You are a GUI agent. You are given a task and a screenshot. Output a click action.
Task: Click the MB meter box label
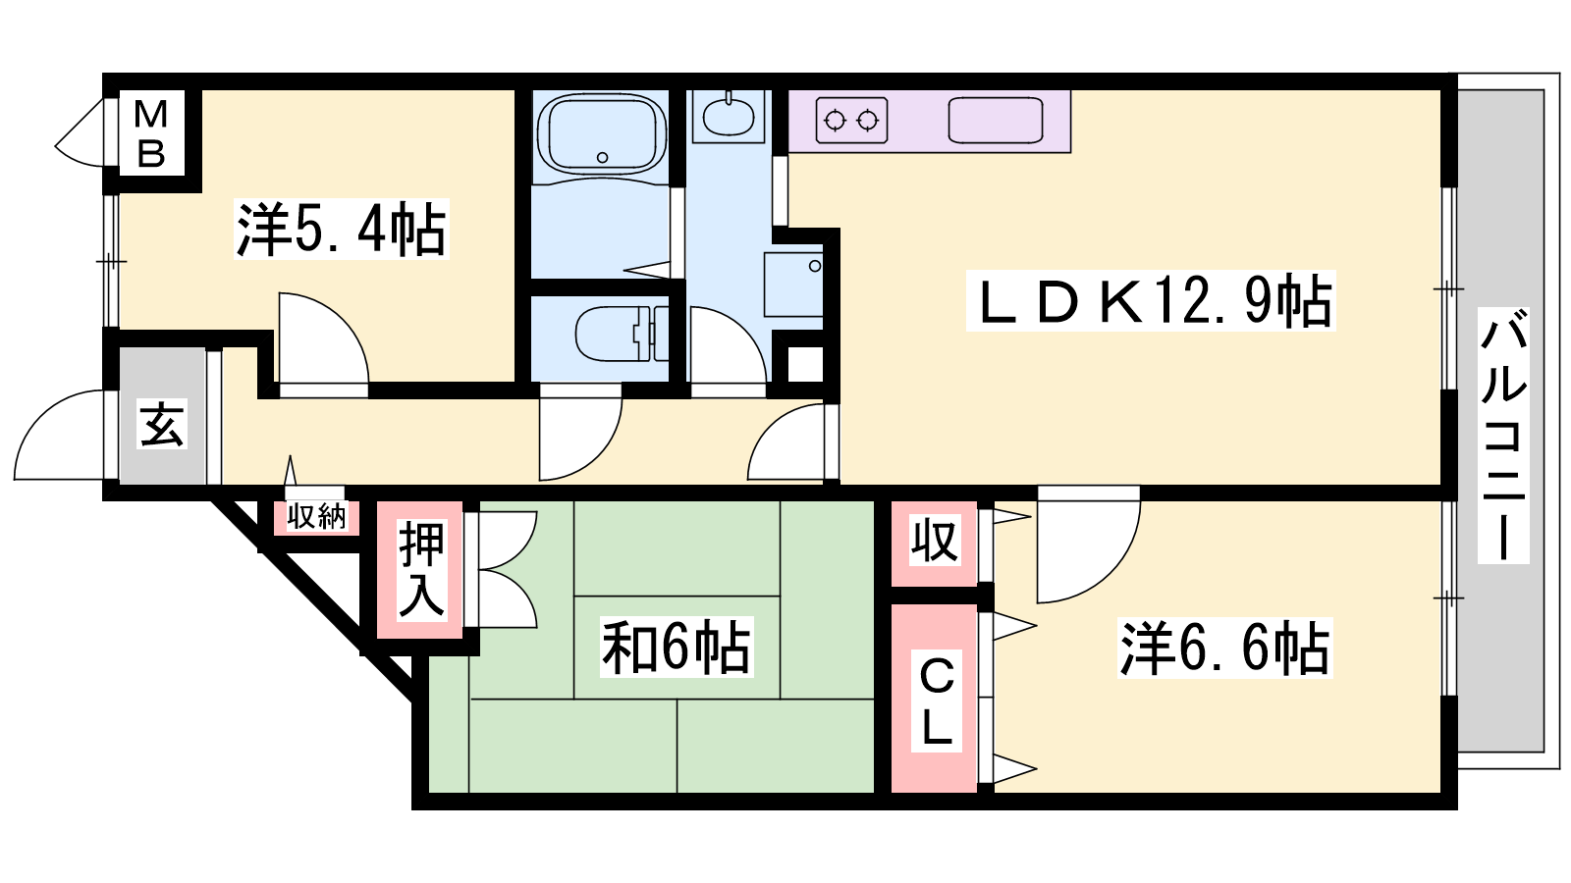point(151,133)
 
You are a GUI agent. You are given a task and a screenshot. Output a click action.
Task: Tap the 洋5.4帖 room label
point(342,230)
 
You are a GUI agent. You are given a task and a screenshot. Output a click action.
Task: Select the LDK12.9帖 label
point(1151,300)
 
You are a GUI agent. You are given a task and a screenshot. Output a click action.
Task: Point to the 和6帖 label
point(677,647)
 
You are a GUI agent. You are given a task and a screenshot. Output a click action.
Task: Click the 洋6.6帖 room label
point(1224,649)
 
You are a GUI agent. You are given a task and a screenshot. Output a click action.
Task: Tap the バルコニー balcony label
point(1503,436)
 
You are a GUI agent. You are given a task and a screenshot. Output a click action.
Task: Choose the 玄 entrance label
point(162,423)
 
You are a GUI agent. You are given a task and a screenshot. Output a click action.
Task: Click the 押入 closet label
point(421,569)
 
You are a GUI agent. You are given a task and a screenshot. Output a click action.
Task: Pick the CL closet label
point(936,701)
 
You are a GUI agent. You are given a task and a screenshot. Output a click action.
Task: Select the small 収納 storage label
point(316,517)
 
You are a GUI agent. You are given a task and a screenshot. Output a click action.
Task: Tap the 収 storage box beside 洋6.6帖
point(934,541)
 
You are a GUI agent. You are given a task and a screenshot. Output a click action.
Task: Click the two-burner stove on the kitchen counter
point(851,121)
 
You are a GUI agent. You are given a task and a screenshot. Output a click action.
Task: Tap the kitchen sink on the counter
point(996,121)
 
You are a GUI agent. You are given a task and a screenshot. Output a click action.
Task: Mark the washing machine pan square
point(793,285)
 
